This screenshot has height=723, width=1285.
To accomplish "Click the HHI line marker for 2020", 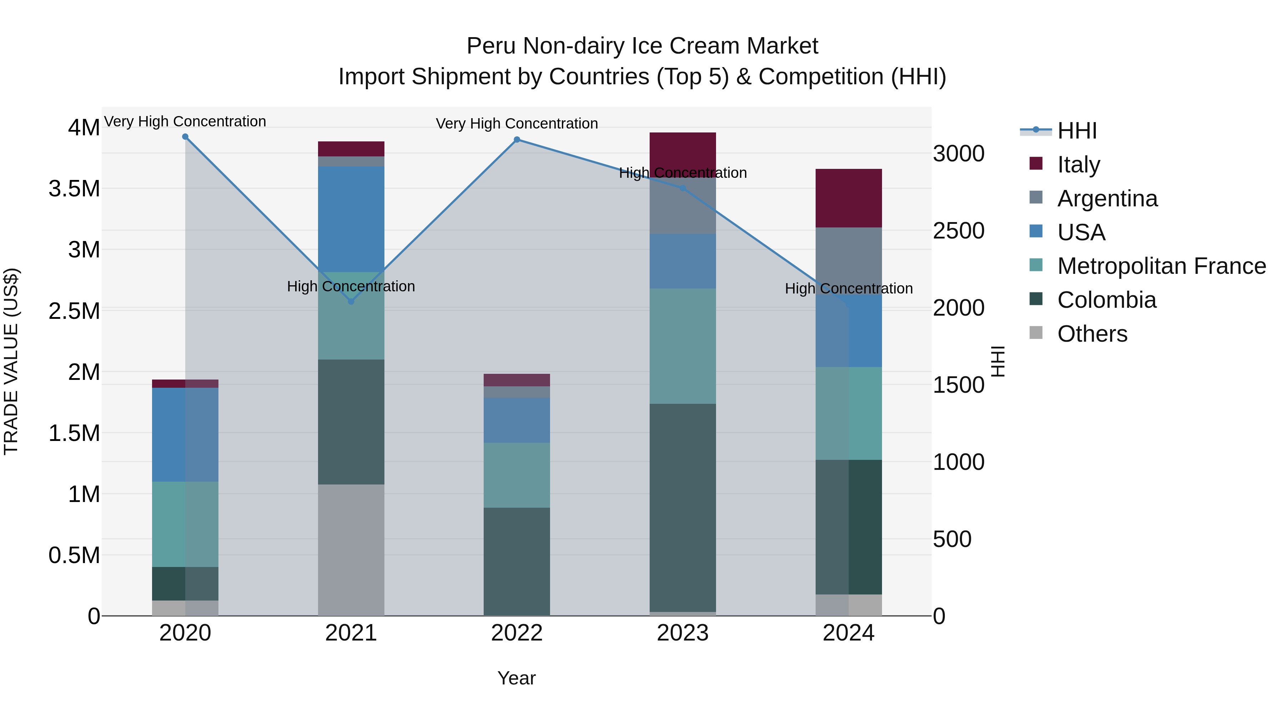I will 185,137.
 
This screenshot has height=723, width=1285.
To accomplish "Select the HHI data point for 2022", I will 517,140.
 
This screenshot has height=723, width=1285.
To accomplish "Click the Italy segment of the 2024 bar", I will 848,198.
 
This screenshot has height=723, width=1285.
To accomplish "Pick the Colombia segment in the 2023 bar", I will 682,507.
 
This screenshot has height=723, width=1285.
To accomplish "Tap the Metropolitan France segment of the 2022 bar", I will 517,475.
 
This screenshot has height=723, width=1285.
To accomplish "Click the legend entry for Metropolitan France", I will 1161,266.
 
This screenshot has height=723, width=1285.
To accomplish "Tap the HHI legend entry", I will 1077,131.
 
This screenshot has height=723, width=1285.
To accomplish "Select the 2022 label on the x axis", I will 517,633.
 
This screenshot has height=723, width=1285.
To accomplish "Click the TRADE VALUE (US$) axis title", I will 11,361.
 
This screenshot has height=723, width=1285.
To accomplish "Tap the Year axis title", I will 516,678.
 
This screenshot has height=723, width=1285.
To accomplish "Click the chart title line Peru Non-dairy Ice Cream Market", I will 642,46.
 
